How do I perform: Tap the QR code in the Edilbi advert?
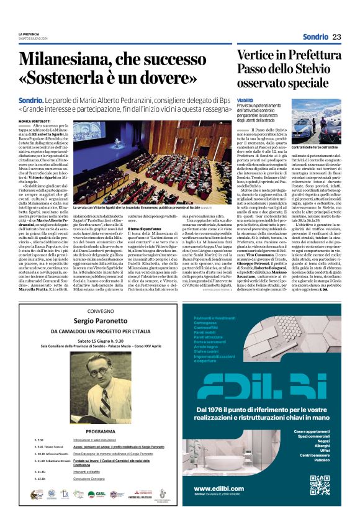click(320, 485)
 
